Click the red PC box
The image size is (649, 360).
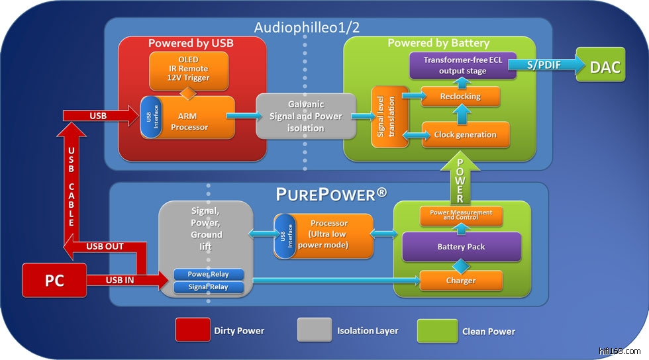pyautogui.click(x=54, y=280)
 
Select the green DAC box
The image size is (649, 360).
pyautogui.click(x=600, y=66)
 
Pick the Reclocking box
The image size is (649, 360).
pyautogui.click(x=460, y=97)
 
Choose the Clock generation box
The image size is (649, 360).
pyautogui.click(x=465, y=134)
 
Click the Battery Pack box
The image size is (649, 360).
pyautogui.click(x=461, y=247)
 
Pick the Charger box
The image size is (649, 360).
pyautogui.click(x=461, y=281)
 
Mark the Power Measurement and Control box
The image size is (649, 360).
pyautogui.click(x=461, y=215)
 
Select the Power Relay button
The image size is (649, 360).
pyautogui.click(x=209, y=274)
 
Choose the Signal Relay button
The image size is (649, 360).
pyautogui.click(x=209, y=287)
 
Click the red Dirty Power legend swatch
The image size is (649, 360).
pyautogui.click(x=191, y=330)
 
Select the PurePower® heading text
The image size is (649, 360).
pyautogui.click(x=331, y=195)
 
